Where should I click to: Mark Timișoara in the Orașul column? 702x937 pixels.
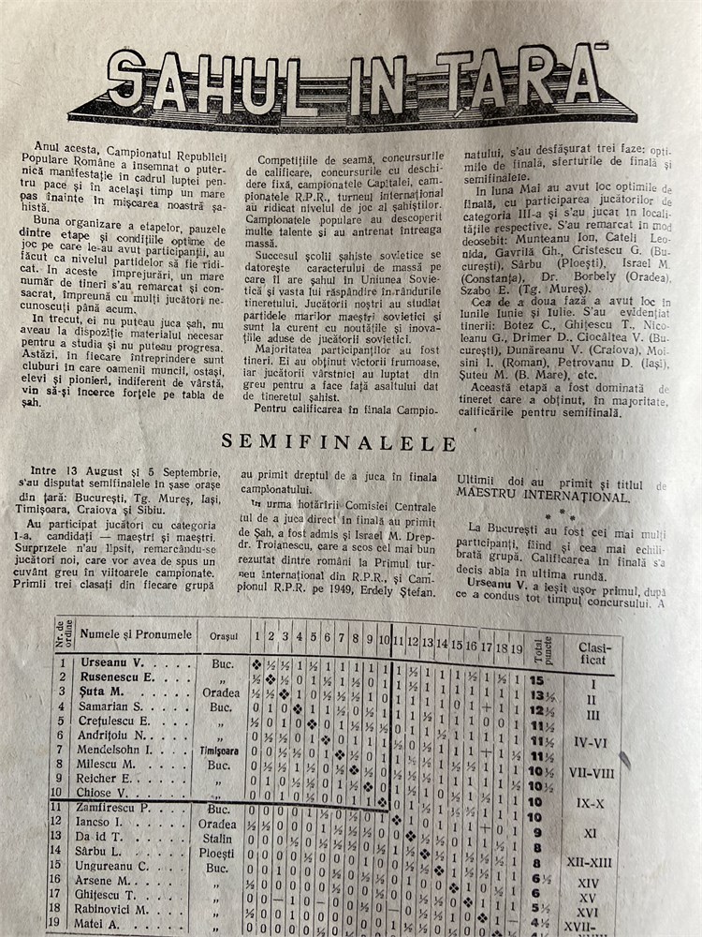[x=219, y=751]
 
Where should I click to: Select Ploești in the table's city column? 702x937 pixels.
[x=218, y=853]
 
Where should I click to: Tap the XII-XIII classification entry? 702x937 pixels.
[x=588, y=861]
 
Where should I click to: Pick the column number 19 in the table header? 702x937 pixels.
[x=516, y=646]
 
